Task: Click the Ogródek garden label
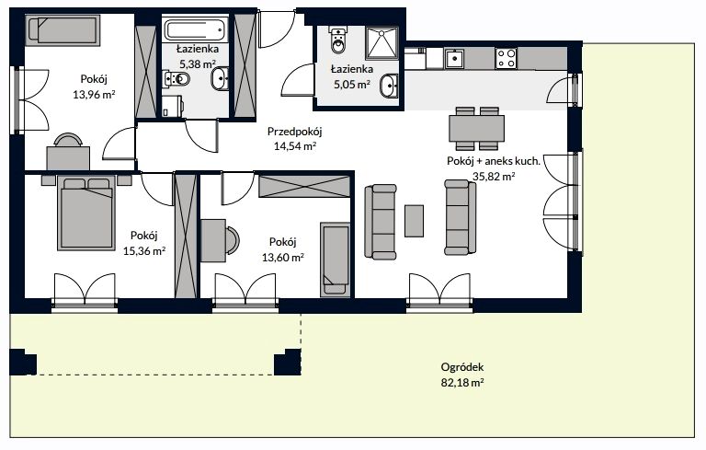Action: pos(462,367)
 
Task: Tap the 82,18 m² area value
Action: pos(462,383)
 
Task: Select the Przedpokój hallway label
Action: pos(295,132)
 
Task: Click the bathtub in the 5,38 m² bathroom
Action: pos(195,29)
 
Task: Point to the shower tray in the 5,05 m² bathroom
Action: pos(381,43)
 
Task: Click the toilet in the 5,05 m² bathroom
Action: pos(337,40)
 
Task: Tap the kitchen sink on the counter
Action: pos(454,59)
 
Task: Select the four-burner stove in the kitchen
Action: pos(506,59)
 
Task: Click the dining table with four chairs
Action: pos(476,129)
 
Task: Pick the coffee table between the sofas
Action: pos(414,221)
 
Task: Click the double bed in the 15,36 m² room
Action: pos(85,213)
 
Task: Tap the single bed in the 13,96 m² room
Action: pos(63,30)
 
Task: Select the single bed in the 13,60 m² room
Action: pos(335,260)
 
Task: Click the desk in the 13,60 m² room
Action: pos(213,240)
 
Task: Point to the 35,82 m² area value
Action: pos(494,177)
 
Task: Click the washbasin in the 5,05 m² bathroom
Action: pos(389,87)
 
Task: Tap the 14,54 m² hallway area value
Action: pos(295,146)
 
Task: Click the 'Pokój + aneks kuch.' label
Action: pos(494,161)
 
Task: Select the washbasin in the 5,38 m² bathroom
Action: pos(220,79)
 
